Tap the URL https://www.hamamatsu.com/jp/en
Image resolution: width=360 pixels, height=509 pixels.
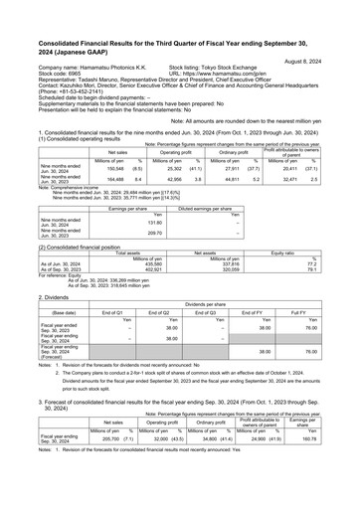point(218,74)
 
